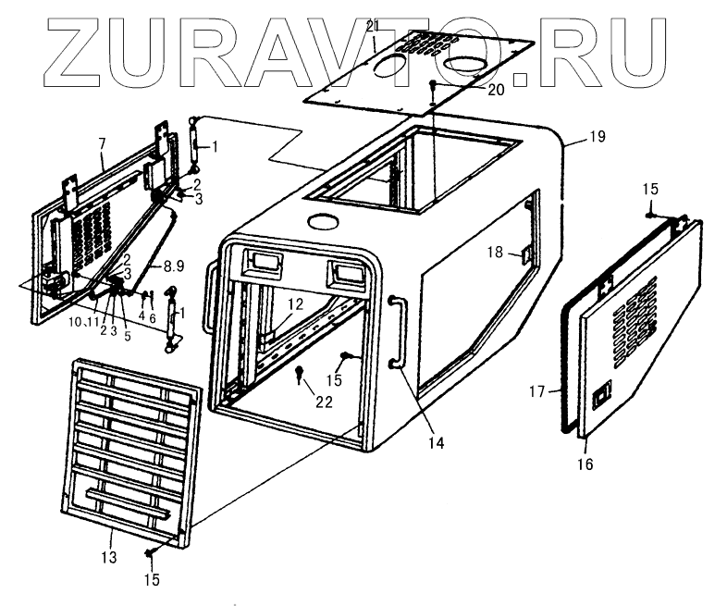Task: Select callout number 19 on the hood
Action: point(597,137)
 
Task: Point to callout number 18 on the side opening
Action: point(496,252)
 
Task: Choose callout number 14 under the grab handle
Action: point(436,443)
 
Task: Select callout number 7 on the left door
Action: point(102,143)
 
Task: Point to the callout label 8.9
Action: point(174,266)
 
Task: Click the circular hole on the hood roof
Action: point(323,223)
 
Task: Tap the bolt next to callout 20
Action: point(432,85)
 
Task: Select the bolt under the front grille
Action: point(151,552)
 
